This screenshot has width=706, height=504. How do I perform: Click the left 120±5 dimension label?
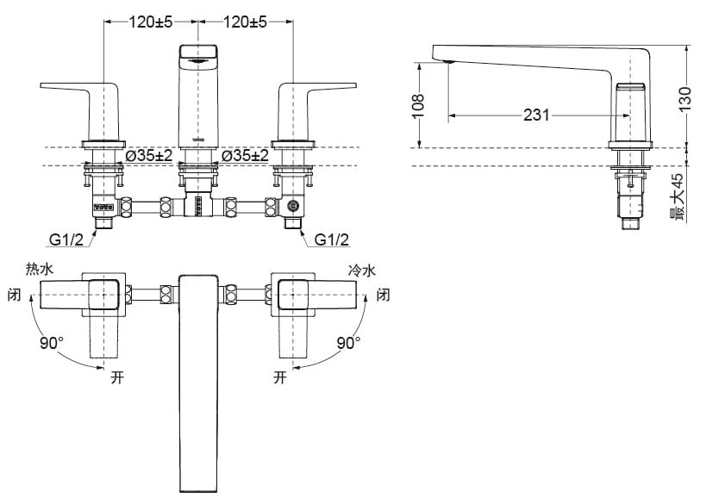(x=150, y=22)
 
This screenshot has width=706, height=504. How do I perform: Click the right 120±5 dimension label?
(x=245, y=22)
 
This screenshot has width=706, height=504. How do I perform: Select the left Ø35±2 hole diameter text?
(x=149, y=156)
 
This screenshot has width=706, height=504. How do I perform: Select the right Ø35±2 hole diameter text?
(x=245, y=156)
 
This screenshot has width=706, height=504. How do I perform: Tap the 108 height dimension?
(x=418, y=104)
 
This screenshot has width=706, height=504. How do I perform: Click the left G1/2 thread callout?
(x=66, y=240)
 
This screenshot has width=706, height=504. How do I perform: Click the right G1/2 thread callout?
(x=332, y=240)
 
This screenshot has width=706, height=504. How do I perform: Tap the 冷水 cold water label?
(x=361, y=270)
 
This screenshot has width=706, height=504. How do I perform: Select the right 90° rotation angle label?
(x=348, y=343)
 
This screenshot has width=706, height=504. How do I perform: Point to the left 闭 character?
(x=14, y=295)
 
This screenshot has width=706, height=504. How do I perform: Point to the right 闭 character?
(x=384, y=295)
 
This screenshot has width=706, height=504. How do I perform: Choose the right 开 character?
(x=279, y=376)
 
